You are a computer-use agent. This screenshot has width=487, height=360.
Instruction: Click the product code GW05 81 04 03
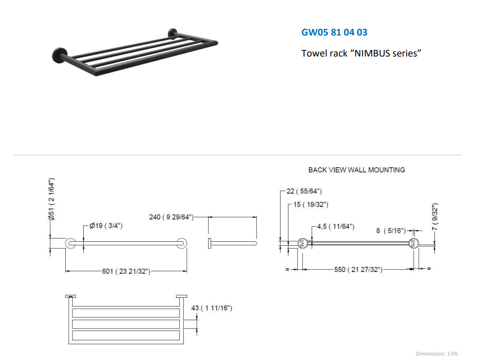click(334, 32)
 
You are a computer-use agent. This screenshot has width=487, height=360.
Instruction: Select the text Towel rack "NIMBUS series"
click(361, 53)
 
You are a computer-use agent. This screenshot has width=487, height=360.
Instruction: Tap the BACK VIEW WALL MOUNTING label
click(356, 170)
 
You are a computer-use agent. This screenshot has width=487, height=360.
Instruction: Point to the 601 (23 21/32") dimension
click(126, 271)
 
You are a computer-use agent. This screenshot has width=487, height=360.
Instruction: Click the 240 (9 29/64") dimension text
click(171, 217)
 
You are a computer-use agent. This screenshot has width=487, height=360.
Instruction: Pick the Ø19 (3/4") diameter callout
click(106, 226)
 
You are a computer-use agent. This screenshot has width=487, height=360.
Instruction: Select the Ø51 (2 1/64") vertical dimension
click(52, 199)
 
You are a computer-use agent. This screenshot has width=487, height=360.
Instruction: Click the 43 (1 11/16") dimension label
click(212, 308)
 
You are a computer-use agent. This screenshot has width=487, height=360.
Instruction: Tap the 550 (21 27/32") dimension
click(359, 269)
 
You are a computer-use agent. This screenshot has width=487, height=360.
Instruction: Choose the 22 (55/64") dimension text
click(304, 191)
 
